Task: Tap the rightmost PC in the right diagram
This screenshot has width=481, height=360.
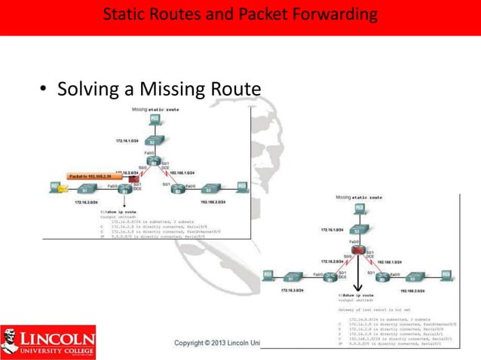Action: [x=446, y=276]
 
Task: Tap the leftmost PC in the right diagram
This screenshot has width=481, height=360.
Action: [x=271, y=276]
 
